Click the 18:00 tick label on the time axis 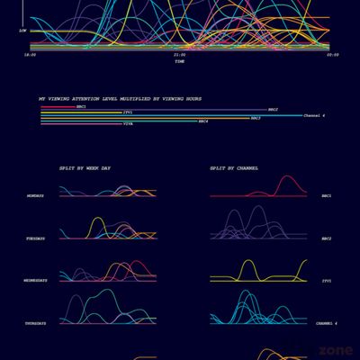pos(31,55)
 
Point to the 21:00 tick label pos(180,55)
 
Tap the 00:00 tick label pos(332,55)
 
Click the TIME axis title pos(180,61)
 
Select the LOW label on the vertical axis pos(22,30)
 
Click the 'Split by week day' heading pos(85,168)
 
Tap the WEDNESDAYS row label pos(37,281)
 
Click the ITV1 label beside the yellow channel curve pos(327,281)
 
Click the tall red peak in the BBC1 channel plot pos(289,179)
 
